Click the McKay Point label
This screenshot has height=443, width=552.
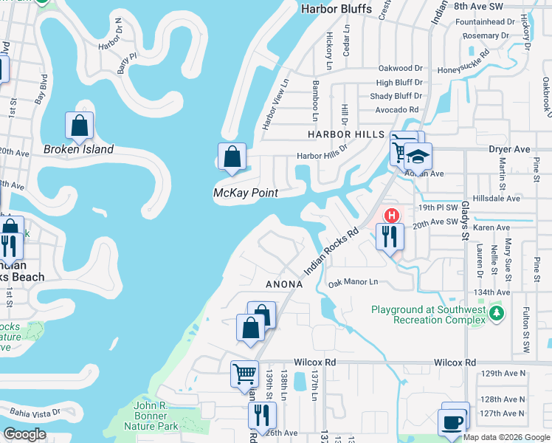245,193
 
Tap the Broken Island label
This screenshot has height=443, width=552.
78,149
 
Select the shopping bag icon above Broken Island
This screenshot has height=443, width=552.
80,126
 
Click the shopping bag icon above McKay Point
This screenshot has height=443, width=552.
232,157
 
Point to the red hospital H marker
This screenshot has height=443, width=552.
393,216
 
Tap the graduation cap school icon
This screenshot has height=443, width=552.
418,157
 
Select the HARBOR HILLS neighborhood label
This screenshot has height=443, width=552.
346,134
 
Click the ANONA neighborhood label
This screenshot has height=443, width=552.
284,284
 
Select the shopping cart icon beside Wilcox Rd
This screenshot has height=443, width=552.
244,373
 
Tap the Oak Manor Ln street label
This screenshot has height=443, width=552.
353,283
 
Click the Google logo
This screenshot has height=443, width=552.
25,434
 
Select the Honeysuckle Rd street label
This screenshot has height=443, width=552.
463,61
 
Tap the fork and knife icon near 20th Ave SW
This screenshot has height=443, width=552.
388,236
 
